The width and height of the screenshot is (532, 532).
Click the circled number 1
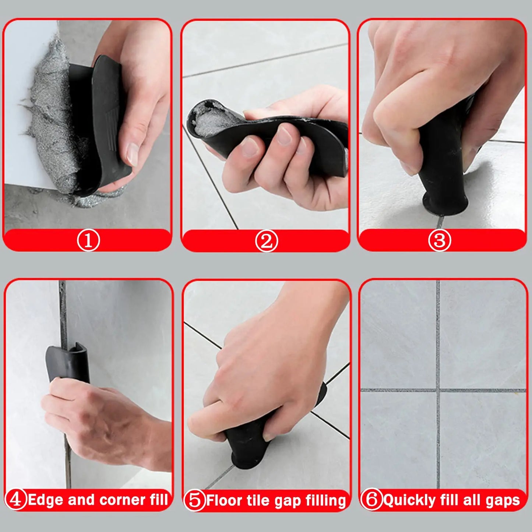(88, 240)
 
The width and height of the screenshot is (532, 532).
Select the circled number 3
(439, 240)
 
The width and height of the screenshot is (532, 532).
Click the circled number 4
(16, 500)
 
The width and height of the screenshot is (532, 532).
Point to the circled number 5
(194, 500)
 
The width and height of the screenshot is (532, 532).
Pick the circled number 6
(371, 500)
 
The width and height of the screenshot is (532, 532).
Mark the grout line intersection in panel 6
(438, 390)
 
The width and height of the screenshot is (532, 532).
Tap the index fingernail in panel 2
(250, 147)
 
